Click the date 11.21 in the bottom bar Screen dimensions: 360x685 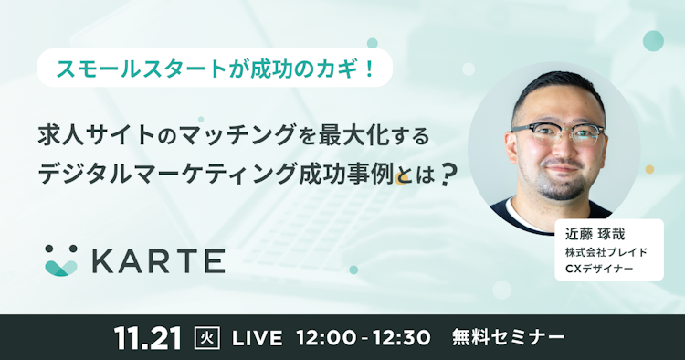pos(150,336)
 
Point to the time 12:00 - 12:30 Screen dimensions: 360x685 pos(364,337)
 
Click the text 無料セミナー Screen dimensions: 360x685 pos(509,337)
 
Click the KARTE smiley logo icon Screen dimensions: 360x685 pos(63,259)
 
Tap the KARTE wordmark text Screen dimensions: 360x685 pos(158,260)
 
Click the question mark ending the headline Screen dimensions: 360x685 pos(447,175)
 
